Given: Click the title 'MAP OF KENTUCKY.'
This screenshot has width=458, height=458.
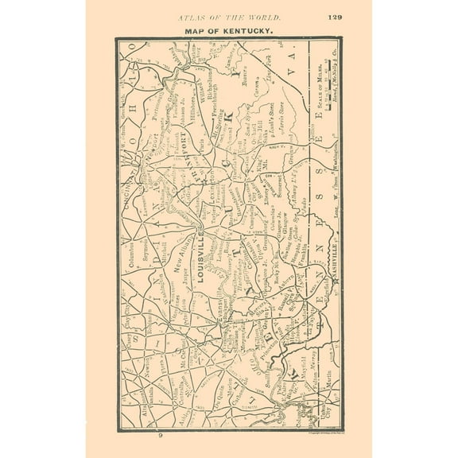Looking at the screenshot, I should tap(228, 30).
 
